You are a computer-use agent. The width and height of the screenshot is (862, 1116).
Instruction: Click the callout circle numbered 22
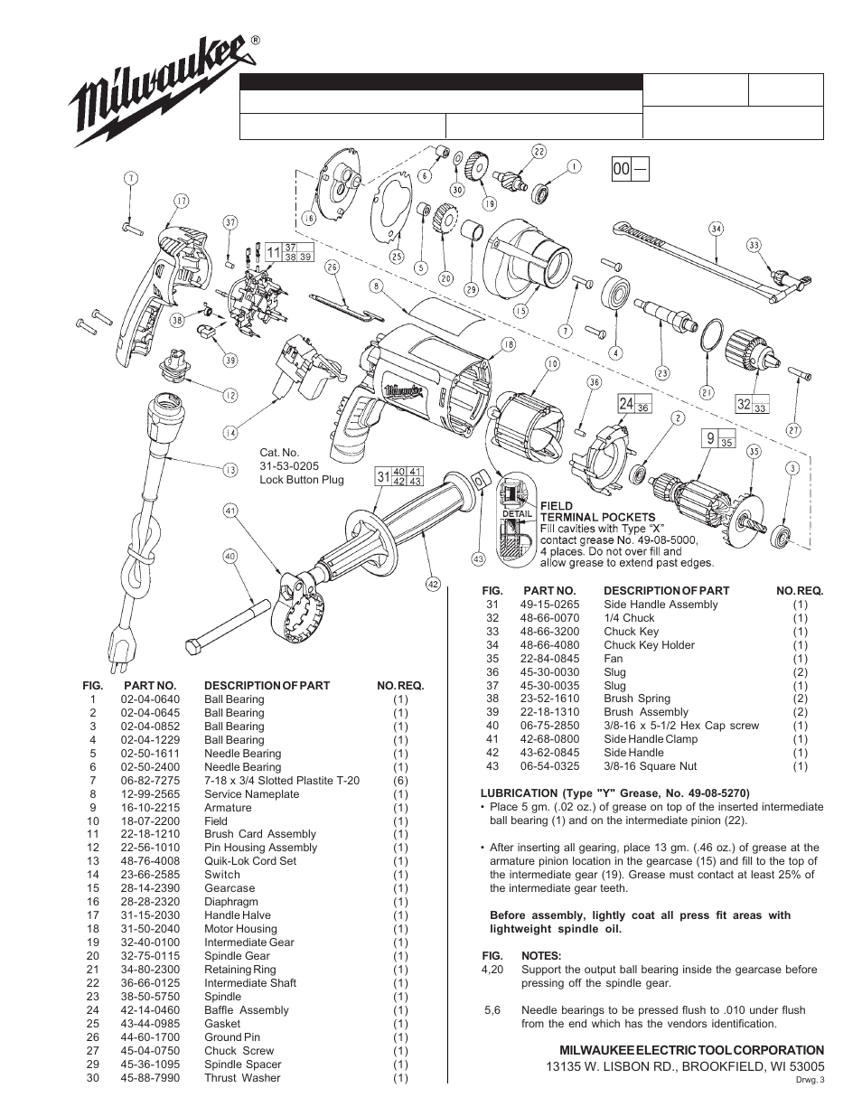point(539,152)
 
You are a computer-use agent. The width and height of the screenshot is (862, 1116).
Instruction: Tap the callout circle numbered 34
point(716,229)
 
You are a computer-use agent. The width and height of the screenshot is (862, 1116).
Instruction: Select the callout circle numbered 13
point(230,469)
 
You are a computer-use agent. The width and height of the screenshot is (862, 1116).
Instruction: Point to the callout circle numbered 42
point(433,584)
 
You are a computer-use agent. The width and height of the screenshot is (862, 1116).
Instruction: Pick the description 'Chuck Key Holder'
point(649,645)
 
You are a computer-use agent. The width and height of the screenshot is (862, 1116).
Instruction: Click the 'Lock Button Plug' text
point(302,480)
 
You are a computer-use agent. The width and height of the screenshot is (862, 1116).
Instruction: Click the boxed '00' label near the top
point(621,169)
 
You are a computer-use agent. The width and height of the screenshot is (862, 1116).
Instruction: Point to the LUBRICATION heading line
point(614,794)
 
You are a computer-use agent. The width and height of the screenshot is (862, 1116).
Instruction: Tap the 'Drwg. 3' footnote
point(810,1078)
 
